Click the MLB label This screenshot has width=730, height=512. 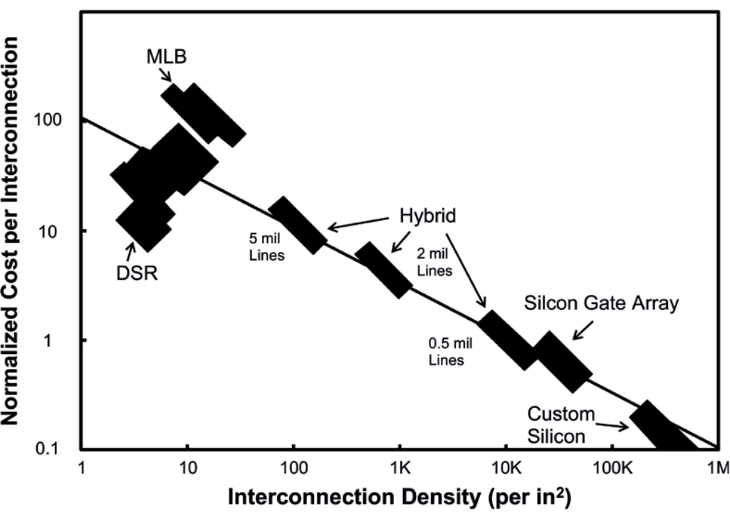166,57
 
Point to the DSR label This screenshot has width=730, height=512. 137,273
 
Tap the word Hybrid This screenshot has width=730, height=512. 428,216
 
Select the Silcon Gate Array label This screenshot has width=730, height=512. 602,303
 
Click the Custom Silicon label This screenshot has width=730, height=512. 561,425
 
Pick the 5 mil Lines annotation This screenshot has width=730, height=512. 266,246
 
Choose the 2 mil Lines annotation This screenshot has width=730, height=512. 434,262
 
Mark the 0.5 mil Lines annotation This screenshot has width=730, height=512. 450,351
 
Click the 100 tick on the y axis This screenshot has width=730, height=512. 48,120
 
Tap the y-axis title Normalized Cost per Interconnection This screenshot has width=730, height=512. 10,231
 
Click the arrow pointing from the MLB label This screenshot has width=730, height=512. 165,75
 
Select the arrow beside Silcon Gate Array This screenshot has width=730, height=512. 583,330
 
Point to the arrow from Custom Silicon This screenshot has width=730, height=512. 612,426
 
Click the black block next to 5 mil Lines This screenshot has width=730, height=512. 298,225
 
